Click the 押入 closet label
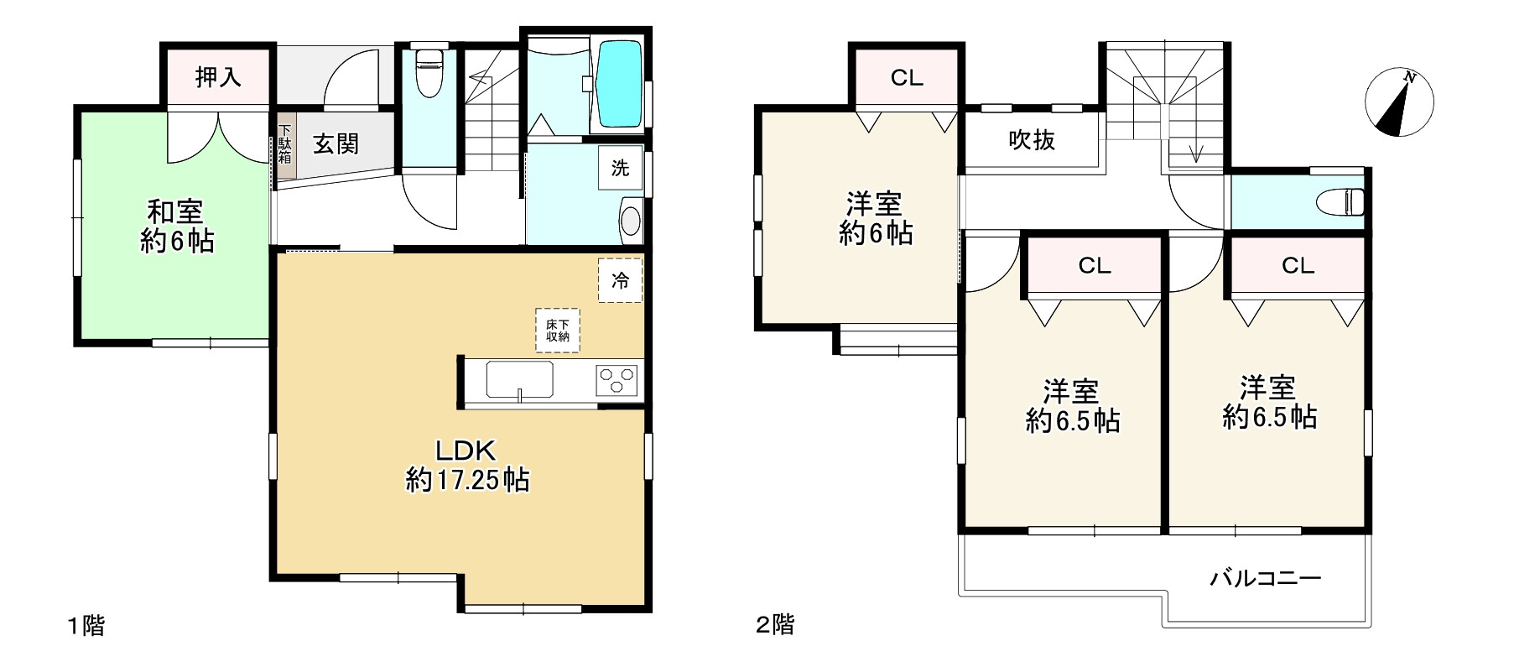[x=218, y=77]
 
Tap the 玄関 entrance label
[x=336, y=144]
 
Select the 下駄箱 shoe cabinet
[x=286, y=144]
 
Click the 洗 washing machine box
[x=620, y=168]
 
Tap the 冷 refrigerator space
[x=620, y=280]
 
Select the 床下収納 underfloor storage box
[x=558, y=331]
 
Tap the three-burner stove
[x=617, y=380]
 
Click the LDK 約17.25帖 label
[x=467, y=466]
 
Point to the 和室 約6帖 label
[x=177, y=227]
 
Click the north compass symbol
[x=1399, y=103]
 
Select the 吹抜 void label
[x=1031, y=140]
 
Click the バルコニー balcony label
[x=1266, y=578]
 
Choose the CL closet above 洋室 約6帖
[x=906, y=78]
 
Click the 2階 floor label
[x=774, y=625]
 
